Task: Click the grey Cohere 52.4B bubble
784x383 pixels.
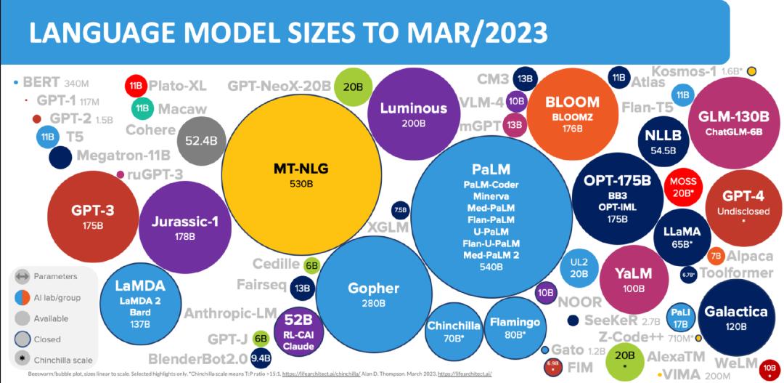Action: point(201,141)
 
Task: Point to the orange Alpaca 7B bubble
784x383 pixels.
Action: point(715,255)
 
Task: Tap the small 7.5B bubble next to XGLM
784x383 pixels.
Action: point(400,210)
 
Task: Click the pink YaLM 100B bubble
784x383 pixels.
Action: point(633,279)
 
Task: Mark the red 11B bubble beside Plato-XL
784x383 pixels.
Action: point(136,86)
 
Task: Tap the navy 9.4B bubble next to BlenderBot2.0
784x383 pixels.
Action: point(260,357)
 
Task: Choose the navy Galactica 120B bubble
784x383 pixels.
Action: point(735,318)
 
